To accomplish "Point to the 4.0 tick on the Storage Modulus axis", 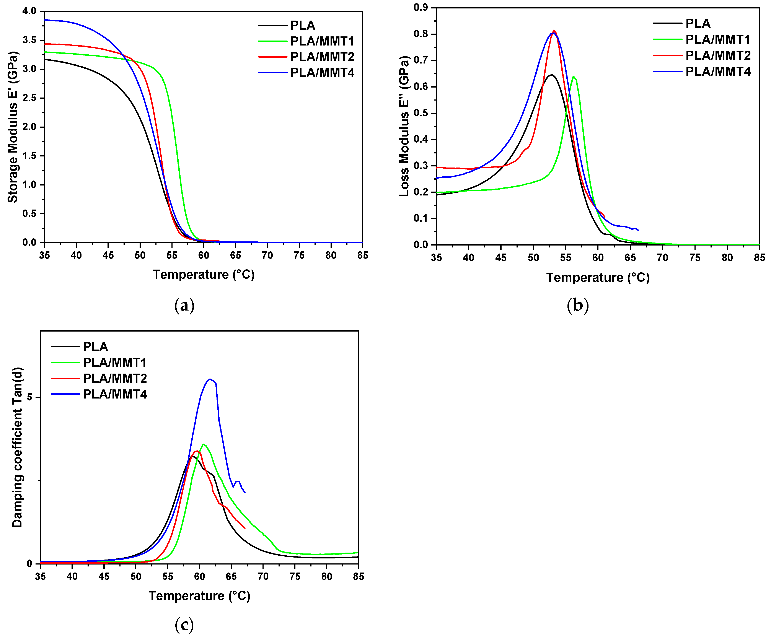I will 29,11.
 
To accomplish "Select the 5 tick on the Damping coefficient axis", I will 29,397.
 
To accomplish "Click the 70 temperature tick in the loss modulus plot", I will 662,258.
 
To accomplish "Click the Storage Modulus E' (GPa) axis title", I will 13,127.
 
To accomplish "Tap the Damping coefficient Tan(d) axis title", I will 17,447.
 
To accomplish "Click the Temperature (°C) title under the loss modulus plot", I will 598,278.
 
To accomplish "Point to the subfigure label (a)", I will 184,306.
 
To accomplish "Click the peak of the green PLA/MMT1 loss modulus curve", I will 573,76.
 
